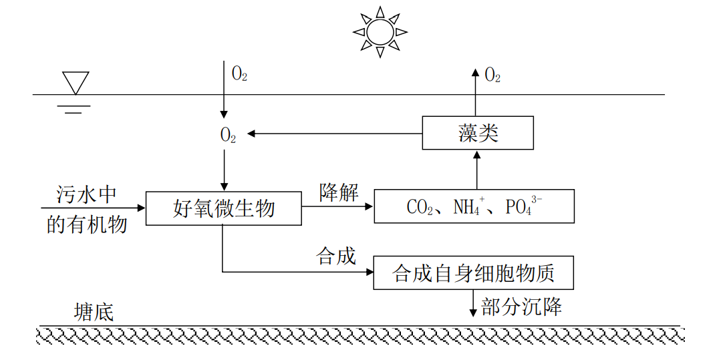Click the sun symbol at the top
pos(380,31)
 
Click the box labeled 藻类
pos(478,132)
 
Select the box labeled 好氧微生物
pos(223,208)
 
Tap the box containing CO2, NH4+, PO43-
pos(474,206)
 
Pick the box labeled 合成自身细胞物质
pos(473,273)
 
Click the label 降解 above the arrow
pos(338,193)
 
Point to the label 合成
pos(335,256)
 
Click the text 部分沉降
pos(521,307)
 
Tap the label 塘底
pos(94,312)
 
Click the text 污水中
pos(87,194)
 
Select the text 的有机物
pos(87,224)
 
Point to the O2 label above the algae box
pos(492,75)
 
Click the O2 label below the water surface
pos(228,135)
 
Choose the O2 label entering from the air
pos(239,74)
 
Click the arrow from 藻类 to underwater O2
pos(334,134)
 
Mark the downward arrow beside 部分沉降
pos(474,303)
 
